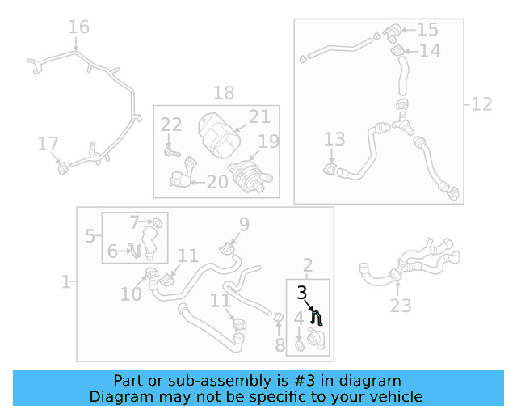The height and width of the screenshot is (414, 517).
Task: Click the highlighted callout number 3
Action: (301, 293)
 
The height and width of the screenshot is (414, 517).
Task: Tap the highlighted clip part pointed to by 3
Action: (317, 318)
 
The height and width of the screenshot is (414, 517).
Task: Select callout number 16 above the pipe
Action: (78, 27)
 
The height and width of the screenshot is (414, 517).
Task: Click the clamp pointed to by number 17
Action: (63, 169)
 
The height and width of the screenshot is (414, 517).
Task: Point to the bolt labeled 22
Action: (172, 153)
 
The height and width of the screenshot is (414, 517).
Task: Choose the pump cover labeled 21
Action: (219, 135)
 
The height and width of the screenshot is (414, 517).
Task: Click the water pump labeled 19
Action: (250, 176)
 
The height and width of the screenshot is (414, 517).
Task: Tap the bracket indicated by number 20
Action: (183, 174)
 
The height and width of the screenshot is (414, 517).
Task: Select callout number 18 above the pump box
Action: (224, 93)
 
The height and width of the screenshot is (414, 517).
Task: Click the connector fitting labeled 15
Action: (392, 33)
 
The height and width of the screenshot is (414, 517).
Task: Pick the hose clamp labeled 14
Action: (397, 50)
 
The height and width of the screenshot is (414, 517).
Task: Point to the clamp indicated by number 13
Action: (330, 169)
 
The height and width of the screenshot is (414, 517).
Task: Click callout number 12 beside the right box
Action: (481, 104)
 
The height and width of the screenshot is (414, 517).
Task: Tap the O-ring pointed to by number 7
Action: (158, 223)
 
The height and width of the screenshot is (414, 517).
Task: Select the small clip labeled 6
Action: (135, 250)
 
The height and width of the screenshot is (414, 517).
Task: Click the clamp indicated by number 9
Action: (227, 248)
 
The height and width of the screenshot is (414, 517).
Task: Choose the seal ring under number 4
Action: (300, 346)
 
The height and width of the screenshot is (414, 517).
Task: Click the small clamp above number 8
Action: (278, 318)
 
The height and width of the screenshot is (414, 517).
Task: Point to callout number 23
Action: (401, 306)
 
